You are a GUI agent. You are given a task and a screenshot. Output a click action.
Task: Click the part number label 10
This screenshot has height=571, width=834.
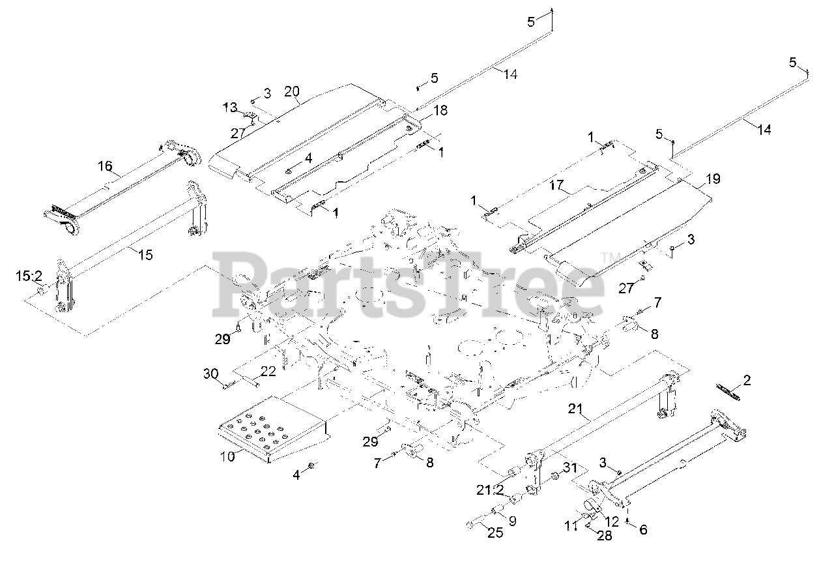[227, 456]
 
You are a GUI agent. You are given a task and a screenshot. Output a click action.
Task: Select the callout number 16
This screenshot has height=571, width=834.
[105, 166]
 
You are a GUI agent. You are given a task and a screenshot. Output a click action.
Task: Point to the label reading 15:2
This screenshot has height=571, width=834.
[29, 276]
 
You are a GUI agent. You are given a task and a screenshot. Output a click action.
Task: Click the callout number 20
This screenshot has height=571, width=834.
[292, 91]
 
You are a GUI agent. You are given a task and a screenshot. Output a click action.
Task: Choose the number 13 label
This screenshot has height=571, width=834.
[230, 108]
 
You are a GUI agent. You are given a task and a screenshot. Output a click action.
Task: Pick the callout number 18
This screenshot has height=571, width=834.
[440, 110]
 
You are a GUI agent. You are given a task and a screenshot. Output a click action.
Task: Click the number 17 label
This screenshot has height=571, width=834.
[556, 185]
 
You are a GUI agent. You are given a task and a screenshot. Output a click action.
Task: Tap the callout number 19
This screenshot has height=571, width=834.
[713, 179]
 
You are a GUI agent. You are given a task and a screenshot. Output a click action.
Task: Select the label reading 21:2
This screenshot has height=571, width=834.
[490, 490]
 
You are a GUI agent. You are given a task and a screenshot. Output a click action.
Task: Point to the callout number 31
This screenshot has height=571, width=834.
[570, 467]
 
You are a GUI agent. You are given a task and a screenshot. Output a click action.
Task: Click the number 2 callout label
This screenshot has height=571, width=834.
[747, 380]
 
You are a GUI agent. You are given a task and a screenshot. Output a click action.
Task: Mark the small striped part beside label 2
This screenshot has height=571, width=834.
[728, 392]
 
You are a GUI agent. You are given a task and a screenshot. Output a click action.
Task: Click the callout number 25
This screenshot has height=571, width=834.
[495, 533]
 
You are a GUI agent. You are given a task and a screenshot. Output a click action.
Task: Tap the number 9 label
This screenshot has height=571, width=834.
[513, 521]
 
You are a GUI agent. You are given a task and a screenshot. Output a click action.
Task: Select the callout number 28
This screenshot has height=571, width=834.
[604, 536]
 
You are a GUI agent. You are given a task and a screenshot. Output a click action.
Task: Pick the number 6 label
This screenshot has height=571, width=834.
[643, 530]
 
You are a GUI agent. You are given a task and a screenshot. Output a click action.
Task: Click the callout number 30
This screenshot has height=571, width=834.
[210, 373]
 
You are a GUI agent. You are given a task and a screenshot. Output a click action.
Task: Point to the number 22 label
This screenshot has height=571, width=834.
[268, 372]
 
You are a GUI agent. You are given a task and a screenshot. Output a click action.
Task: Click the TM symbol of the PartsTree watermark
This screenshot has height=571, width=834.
[611, 257]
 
